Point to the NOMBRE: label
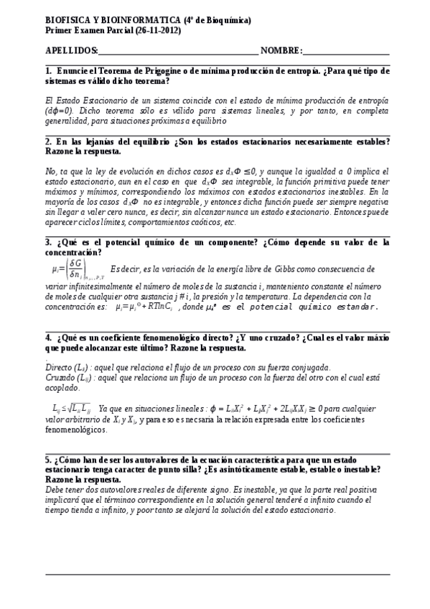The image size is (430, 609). coord(281,51)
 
